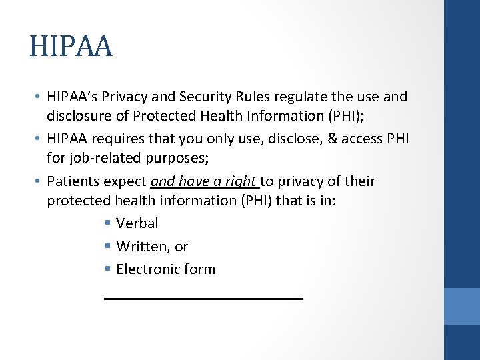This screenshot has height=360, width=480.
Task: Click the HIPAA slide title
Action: point(71,47)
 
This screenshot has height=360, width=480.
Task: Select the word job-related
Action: point(88,159)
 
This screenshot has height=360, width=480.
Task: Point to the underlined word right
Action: point(242,182)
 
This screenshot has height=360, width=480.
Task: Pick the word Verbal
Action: point(137,223)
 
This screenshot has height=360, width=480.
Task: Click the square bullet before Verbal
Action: point(108,224)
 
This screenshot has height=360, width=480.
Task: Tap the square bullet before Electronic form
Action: point(108,270)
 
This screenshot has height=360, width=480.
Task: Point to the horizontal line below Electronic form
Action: point(203,299)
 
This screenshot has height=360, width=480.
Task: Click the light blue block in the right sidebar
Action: point(461,306)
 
